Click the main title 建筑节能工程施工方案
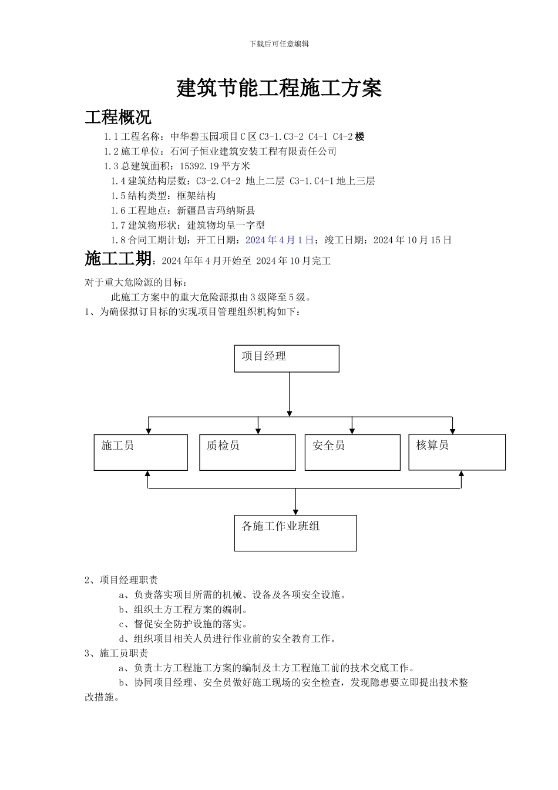(x=279, y=88)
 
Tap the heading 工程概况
(x=118, y=117)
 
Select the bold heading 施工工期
(x=118, y=259)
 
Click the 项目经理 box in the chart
(x=287, y=359)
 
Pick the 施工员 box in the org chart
(x=140, y=452)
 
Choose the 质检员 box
(x=247, y=452)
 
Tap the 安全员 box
(x=352, y=452)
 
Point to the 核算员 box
(x=457, y=451)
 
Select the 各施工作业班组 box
(x=295, y=533)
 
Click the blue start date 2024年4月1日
(x=280, y=240)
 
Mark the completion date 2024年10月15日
(x=412, y=240)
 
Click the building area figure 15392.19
(x=200, y=166)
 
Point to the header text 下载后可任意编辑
(x=279, y=43)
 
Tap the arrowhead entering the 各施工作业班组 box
(x=295, y=512)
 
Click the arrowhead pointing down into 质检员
(x=258, y=431)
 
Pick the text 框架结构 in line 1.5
(x=196, y=196)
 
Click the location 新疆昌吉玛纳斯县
(x=216, y=210)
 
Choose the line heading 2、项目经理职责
(x=121, y=580)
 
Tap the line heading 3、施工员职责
(x=116, y=653)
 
